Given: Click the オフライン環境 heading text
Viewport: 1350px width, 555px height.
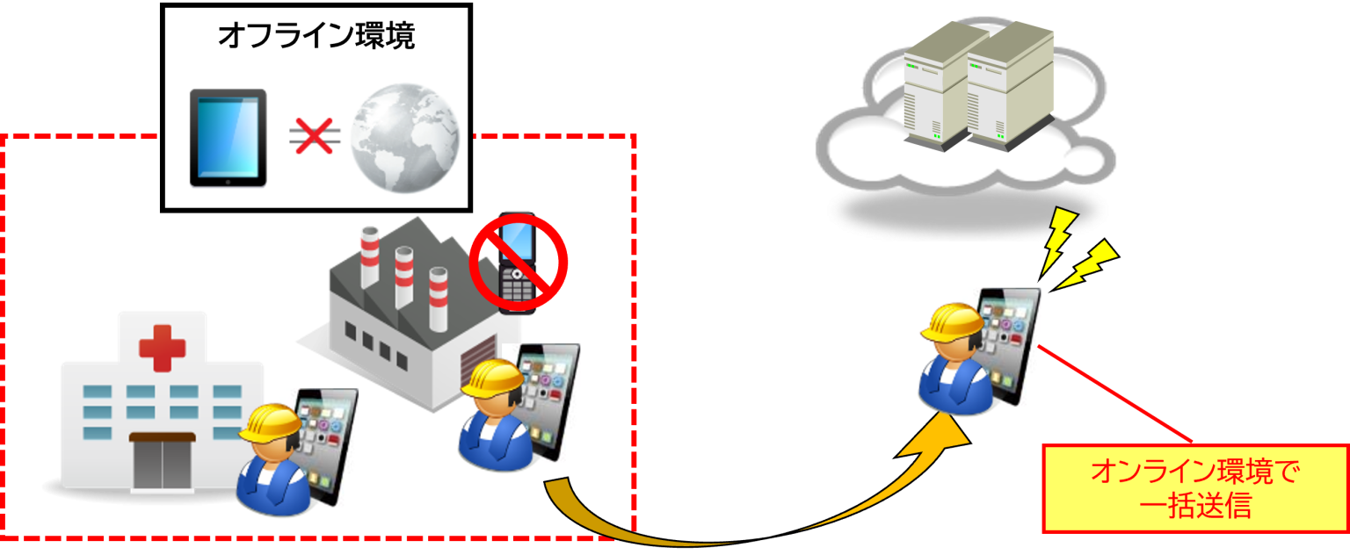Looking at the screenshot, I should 316,37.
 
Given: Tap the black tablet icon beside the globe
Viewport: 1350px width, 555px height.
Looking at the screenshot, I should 229,137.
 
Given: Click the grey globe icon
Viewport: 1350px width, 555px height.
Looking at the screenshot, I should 403,138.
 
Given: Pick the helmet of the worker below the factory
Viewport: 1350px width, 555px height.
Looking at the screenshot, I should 493,378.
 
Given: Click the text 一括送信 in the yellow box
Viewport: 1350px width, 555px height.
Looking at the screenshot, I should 1194,506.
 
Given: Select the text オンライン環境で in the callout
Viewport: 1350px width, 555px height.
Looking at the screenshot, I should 1194,472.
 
